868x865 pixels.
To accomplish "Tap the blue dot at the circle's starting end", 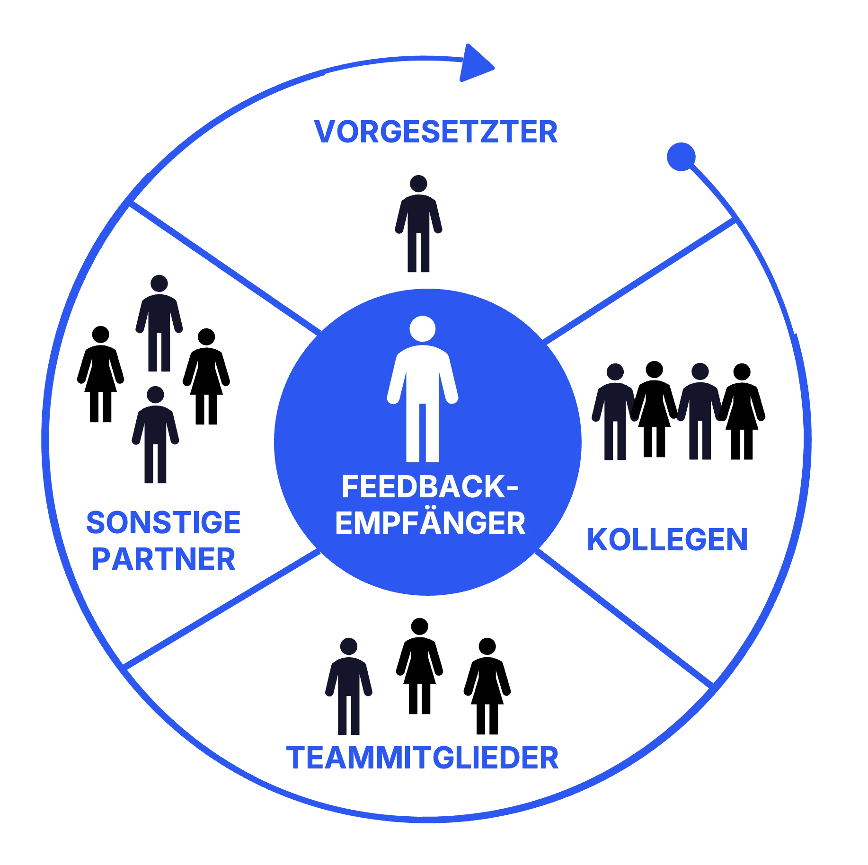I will pyautogui.click(x=681, y=157).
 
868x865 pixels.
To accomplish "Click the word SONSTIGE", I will pyautogui.click(x=164, y=522).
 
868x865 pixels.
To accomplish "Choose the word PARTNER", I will pyautogui.click(x=164, y=559).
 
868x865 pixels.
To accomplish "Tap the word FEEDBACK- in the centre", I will pyautogui.click(x=429, y=487).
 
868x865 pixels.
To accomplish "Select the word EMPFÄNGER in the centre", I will pyautogui.click(x=430, y=523).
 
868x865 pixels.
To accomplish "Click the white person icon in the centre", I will pyautogui.click(x=422, y=397).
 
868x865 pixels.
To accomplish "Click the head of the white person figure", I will pyautogui.click(x=422, y=328).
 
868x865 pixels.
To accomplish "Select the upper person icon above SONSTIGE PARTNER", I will pyautogui.click(x=159, y=324).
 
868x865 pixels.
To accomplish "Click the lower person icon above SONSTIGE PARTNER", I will pyautogui.click(x=156, y=435).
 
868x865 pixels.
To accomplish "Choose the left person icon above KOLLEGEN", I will pyautogui.click(x=614, y=412).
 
